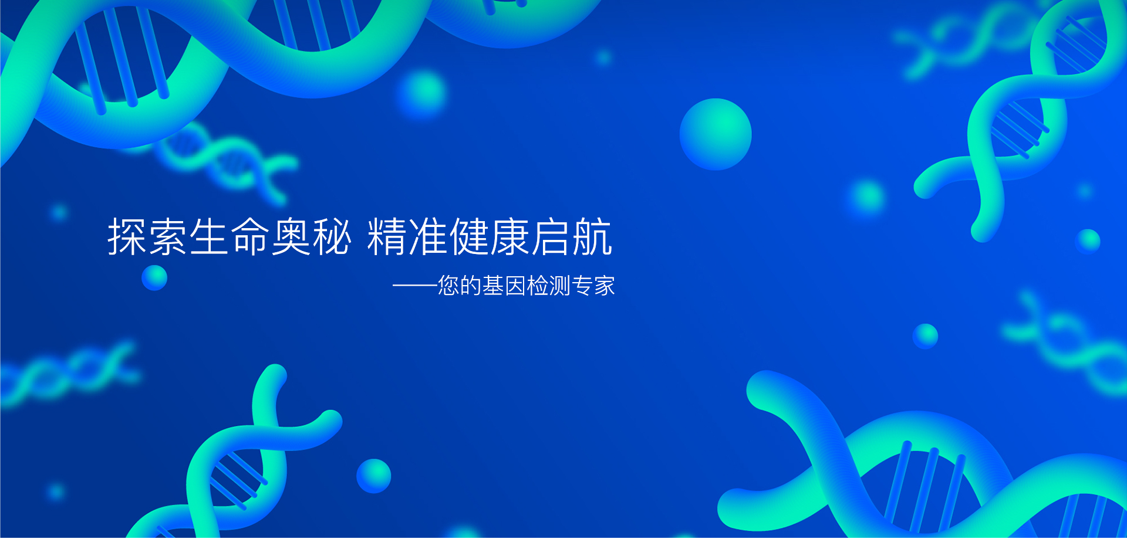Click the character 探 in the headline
pos(127,236)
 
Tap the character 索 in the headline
pos(168,236)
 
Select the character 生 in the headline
pos(209,236)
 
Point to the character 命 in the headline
pos(250,236)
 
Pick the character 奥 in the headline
pos(291,236)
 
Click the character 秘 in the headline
pos(332,236)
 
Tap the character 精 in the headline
pos(387,236)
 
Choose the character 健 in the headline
pos(469,236)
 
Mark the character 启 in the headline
pos(551,236)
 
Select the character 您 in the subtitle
pos(448,286)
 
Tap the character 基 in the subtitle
pos(493,286)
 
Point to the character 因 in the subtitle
pos(515,286)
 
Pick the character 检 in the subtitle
pos(538,286)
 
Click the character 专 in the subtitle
pos(582,286)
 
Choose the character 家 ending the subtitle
pos(605,286)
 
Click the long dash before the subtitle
pos(415,286)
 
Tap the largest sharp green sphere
pos(716,134)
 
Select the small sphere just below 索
pos(154,277)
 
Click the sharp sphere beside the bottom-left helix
pos(374,476)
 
